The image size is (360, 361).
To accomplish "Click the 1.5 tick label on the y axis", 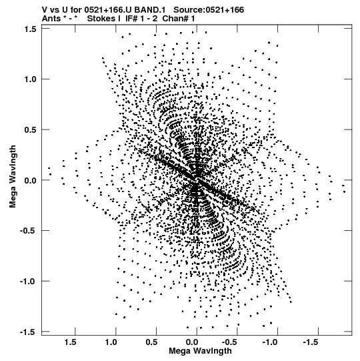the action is pyautogui.click(x=31, y=29).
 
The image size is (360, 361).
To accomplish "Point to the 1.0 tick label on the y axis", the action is pyautogui.click(x=31, y=79).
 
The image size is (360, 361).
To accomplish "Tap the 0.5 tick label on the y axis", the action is pyautogui.click(x=31, y=130).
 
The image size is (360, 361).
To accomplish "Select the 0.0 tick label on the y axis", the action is pyautogui.click(x=31, y=180).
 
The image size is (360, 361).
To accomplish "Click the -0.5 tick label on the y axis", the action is pyautogui.click(x=29, y=231).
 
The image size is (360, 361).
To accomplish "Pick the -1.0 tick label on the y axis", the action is pyautogui.click(x=29, y=282).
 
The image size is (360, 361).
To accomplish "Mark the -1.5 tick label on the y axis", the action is pyautogui.click(x=29, y=332).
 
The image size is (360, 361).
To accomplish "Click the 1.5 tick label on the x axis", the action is pyautogui.click(x=71, y=342).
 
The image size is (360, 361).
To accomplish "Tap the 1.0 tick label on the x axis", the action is pyautogui.click(x=111, y=342).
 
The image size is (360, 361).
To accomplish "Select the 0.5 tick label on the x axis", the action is pyautogui.click(x=151, y=342).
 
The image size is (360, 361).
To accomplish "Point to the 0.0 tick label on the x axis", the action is pyautogui.click(x=192, y=342).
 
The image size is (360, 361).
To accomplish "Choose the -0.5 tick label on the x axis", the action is pyautogui.click(x=231, y=342).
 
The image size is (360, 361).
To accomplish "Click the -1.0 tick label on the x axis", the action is pyautogui.click(x=271, y=342).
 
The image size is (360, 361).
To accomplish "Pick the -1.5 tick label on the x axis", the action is pyautogui.click(x=312, y=342).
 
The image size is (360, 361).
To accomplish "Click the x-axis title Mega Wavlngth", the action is pyautogui.click(x=200, y=351).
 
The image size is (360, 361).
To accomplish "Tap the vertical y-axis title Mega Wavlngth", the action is pyautogui.click(x=13, y=177).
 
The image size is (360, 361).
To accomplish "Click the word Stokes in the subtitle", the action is pyautogui.click(x=101, y=19).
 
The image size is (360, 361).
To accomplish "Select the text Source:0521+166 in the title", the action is pyautogui.click(x=209, y=10).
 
